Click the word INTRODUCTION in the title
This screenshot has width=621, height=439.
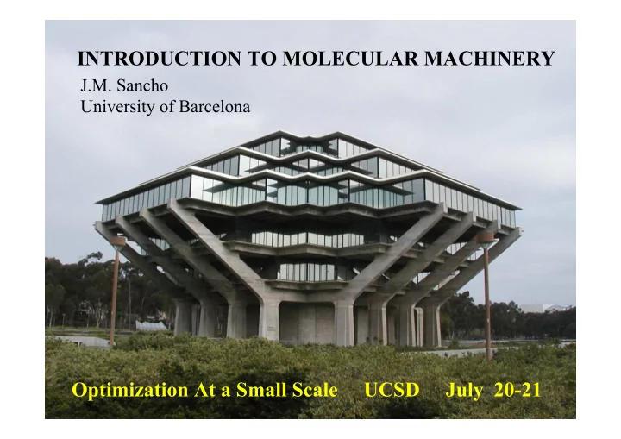tap(160, 59)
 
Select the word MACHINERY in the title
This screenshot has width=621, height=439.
tap(490, 59)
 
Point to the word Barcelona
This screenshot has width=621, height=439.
tap(215, 107)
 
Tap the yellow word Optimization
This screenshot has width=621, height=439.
tap(130, 390)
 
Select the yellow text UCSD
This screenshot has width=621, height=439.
tap(392, 390)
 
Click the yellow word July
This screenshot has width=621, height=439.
tap(464, 390)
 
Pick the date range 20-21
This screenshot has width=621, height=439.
tap(517, 390)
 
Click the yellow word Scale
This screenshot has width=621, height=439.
tap(315, 390)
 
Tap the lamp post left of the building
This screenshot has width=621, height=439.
tap(115, 291)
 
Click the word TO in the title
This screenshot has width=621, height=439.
tap(261, 59)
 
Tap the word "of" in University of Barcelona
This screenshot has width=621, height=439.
tap(167, 107)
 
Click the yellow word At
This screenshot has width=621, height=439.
tap(204, 390)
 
